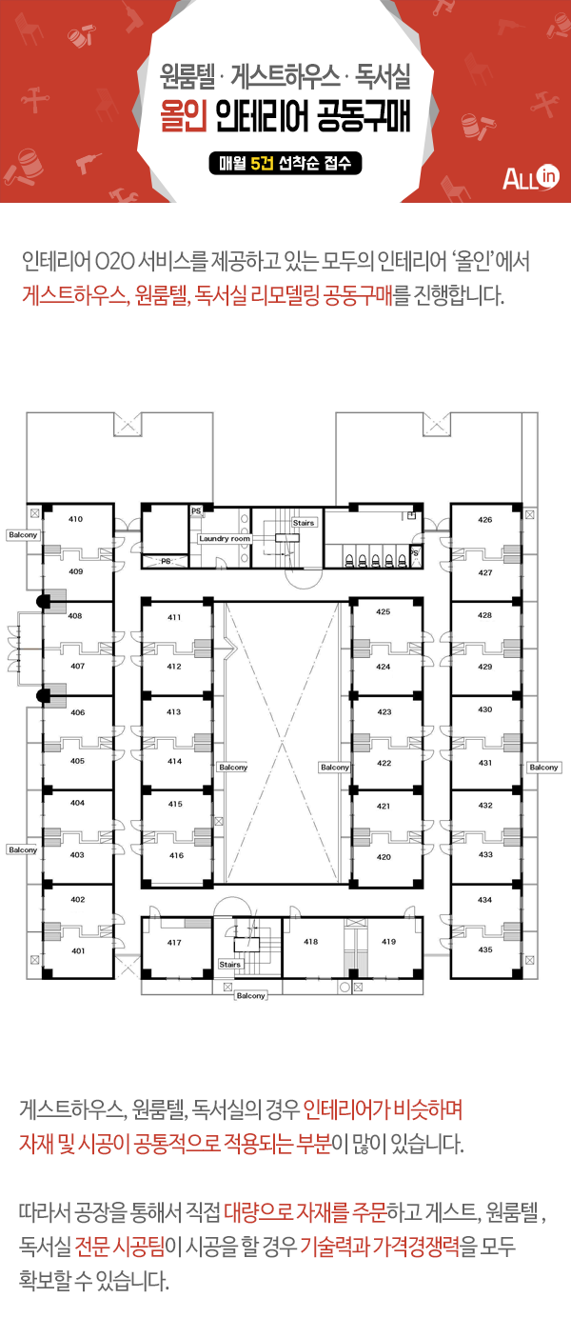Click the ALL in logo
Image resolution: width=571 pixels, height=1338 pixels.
point(530,177)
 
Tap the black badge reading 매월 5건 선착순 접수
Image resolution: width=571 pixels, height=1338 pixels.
point(285,163)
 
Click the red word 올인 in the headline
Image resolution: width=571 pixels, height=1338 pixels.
point(183,115)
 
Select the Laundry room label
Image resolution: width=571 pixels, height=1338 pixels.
point(225,539)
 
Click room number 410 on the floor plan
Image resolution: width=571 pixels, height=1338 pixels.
point(76,519)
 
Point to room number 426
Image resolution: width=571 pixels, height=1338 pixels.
point(485,520)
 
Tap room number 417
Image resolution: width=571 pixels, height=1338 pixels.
point(174,943)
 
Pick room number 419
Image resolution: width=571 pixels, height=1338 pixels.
point(389,942)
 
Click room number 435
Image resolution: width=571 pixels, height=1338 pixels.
point(485,949)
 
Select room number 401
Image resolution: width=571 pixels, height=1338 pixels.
point(78,951)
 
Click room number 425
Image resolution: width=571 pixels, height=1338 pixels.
point(384,611)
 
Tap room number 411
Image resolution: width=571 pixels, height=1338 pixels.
point(174,617)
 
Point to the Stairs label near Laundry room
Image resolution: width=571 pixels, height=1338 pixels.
point(304,523)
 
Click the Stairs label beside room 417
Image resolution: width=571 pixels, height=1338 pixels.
point(229,964)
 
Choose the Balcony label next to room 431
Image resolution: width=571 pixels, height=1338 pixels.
point(544,767)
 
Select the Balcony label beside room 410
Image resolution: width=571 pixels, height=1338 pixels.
point(23,534)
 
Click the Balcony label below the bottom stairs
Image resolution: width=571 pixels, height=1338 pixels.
point(250,996)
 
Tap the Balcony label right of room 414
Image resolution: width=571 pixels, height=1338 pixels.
point(233,767)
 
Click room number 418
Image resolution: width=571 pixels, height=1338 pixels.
point(311,942)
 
